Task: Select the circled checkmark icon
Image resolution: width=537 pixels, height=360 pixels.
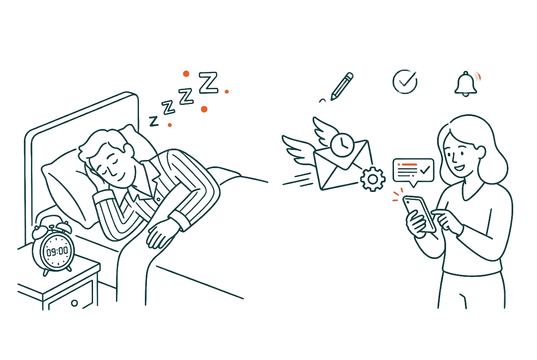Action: [404, 81]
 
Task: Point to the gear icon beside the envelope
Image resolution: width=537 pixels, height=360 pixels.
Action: [372, 179]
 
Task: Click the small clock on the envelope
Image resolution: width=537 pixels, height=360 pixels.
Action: [342, 145]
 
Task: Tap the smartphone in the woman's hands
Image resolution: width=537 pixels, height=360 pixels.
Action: [418, 213]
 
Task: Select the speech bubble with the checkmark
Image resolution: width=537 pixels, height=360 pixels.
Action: [413, 170]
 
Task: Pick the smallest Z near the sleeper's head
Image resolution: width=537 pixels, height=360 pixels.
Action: [153, 121]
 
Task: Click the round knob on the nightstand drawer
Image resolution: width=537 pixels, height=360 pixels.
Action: [74, 303]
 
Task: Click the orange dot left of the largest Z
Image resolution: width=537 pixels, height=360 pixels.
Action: [186, 74]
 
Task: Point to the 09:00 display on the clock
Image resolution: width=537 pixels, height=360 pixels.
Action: [57, 252]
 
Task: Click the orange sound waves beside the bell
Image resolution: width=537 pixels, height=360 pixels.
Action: [478, 77]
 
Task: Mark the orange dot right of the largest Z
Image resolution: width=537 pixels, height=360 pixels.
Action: [227, 91]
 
